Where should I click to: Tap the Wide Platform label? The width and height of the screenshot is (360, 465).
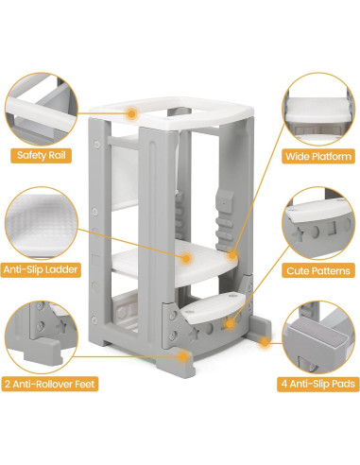click(x=318, y=155)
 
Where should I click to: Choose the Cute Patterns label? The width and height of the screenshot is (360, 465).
click(x=317, y=269)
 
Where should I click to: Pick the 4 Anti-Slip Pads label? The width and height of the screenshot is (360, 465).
click(x=313, y=384)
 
